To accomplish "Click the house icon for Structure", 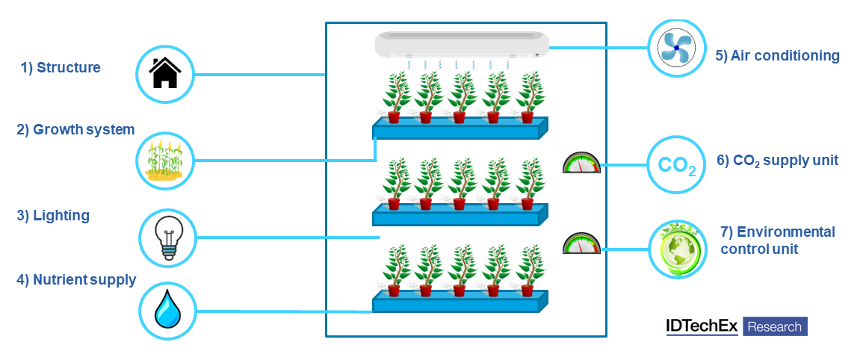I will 165,74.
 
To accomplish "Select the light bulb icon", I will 167,238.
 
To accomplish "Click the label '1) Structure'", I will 61,68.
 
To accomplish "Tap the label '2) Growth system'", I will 75,129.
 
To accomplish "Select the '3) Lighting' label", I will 53,216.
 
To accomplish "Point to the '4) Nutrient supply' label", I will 76,280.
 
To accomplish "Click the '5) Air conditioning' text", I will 777,55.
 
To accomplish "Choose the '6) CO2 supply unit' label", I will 777,160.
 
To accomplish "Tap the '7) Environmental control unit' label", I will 777,240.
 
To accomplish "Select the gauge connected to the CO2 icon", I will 581,163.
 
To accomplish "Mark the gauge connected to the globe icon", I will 581,244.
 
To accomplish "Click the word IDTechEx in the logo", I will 701,326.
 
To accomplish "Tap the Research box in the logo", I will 774,326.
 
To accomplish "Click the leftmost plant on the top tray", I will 395,97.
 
